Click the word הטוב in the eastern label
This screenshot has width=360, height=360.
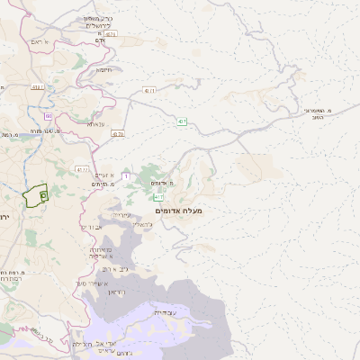tap(316, 117)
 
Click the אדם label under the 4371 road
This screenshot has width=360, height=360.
tap(101, 40)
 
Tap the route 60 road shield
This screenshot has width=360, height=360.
tap(49, 116)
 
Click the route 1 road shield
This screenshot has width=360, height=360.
tap(126, 175)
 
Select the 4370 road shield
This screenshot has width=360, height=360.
tap(117, 133)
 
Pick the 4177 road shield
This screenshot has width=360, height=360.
tap(83, 168)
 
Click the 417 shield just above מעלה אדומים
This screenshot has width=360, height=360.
tap(158, 195)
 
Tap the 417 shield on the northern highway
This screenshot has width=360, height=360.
tap(181, 121)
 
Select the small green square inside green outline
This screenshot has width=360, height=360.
tap(43, 194)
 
